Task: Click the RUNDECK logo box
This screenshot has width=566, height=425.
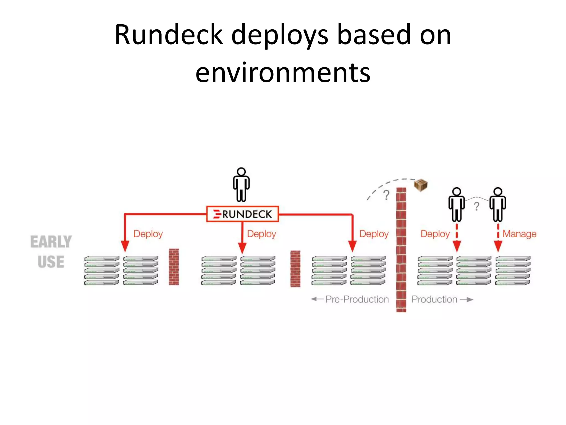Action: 242,214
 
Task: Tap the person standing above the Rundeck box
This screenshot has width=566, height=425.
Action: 241,185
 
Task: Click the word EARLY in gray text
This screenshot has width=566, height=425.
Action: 51,242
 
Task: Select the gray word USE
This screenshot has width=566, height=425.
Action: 51,262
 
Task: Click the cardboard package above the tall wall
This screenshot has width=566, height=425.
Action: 421,185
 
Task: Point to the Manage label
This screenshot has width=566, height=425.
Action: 519,234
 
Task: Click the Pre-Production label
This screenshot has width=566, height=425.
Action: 357,299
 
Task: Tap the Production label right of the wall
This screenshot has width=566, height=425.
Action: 434,299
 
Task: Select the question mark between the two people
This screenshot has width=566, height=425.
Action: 476,206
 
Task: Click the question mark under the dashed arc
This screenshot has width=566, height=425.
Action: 386,195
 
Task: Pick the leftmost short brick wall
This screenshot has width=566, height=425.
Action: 174,267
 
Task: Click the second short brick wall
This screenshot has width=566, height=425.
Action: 295,269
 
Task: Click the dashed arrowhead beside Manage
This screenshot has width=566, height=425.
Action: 498,246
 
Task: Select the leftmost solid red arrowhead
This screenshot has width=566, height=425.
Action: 125,246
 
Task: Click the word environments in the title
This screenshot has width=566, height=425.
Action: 283,72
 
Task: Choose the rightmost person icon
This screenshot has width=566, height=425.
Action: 498,205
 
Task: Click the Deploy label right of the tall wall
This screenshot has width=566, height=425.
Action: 435,234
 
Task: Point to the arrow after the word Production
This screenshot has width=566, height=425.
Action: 467,299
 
